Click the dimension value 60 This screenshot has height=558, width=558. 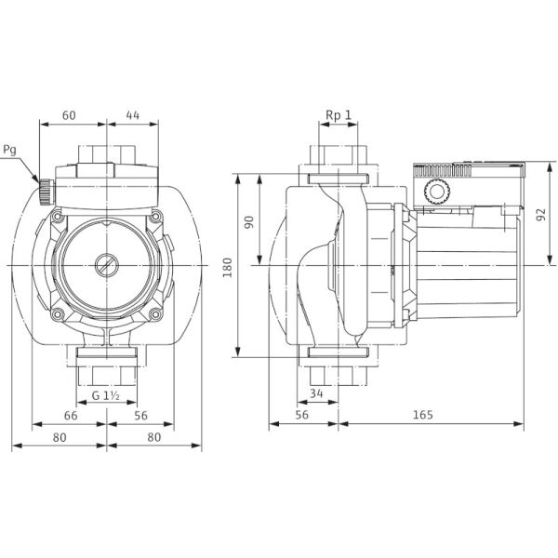pyautogui.click(x=69, y=115)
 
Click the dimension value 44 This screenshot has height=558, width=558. pyautogui.click(x=133, y=115)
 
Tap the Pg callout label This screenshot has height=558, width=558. pyautogui.click(x=9, y=150)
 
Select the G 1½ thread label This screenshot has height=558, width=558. pyautogui.click(x=106, y=395)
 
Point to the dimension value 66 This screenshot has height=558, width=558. pyautogui.click(x=71, y=416)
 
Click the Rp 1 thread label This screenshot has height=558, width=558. pyautogui.click(x=339, y=115)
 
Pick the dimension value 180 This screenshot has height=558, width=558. pyautogui.click(x=227, y=268)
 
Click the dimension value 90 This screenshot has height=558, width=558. pyautogui.click(x=249, y=222)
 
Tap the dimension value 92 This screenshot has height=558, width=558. pyautogui.click(x=540, y=215)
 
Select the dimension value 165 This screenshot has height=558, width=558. pyautogui.click(x=423, y=415)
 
